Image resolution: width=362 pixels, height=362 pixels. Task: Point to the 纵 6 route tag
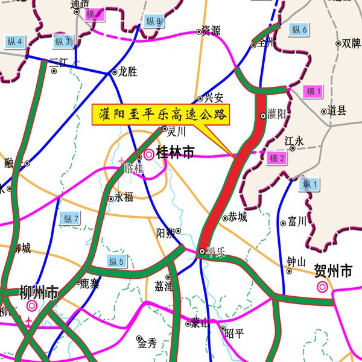300,29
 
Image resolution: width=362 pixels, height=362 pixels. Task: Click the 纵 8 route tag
154,21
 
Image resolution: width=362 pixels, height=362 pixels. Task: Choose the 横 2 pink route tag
278,159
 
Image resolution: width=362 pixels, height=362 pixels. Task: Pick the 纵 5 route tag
116,261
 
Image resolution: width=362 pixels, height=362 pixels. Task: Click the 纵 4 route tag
15,41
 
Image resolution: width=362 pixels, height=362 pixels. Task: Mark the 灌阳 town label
277,113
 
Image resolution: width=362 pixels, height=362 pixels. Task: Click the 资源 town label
211,30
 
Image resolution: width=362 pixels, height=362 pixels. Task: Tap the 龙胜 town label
127,72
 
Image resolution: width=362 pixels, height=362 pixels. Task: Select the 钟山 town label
297,261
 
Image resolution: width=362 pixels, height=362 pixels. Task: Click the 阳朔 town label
165,233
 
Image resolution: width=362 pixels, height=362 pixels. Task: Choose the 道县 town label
337,110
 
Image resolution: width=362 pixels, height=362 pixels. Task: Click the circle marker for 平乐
202,252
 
